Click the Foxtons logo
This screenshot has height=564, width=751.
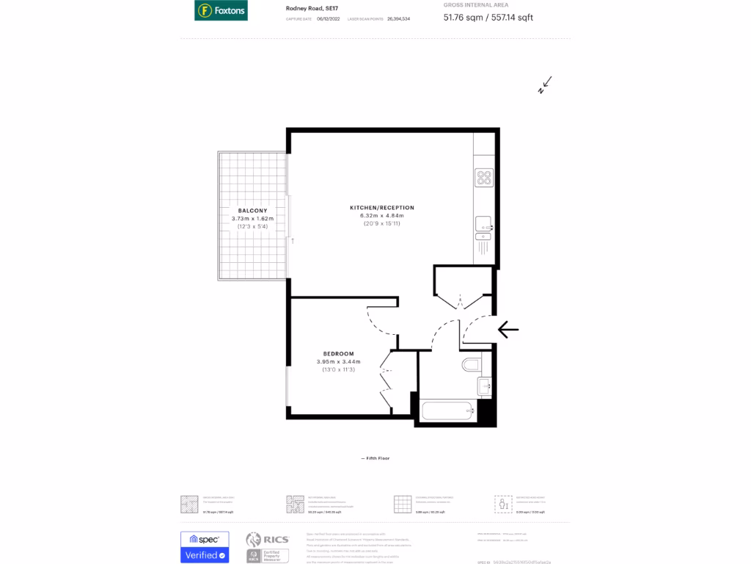click(x=221, y=10)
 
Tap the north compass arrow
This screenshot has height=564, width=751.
click(x=545, y=85)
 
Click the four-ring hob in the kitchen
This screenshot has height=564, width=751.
click(x=484, y=178)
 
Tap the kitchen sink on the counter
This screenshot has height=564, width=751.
click(x=483, y=224)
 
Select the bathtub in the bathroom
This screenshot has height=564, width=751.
click(x=447, y=410)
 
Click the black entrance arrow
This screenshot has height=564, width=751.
click(x=508, y=330)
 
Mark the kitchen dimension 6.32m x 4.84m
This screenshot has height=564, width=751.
click(x=381, y=216)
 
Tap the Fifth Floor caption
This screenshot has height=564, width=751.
click(x=375, y=458)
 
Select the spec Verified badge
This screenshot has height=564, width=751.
click(x=205, y=547)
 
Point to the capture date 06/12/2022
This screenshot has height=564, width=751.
click(x=324, y=18)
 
